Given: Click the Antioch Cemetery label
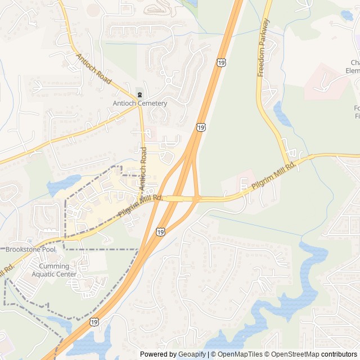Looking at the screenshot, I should pos(139,103).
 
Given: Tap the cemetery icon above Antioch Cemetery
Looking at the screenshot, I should pos(139,94).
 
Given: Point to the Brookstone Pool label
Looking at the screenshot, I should pos(31,249).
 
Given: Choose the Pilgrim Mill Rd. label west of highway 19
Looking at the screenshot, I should pos(140,206).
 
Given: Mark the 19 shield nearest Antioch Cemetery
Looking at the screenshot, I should pos(201,128).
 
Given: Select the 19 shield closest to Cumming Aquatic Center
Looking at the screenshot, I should pos(93,322).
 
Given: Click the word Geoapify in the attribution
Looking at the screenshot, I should pos(192,354).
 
